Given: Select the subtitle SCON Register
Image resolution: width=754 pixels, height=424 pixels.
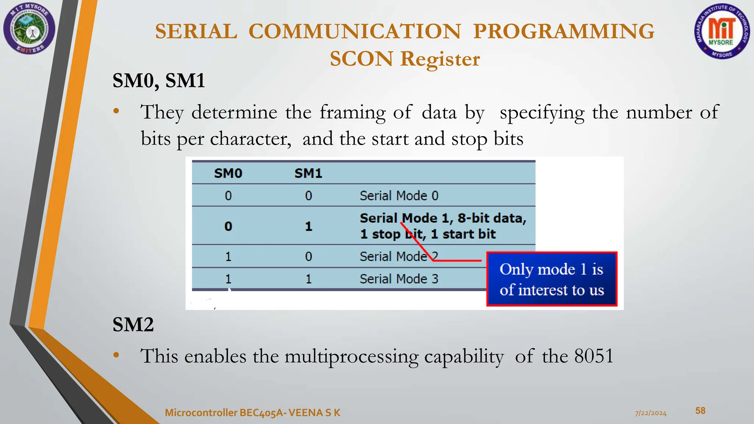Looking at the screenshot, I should click(x=405, y=59).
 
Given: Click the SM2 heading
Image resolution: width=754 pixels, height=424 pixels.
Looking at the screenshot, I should click(x=133, y=325).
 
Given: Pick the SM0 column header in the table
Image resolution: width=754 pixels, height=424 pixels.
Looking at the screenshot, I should click(x=228, y=173).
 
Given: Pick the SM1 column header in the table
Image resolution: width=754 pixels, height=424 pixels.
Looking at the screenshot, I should click(x=308, y=173).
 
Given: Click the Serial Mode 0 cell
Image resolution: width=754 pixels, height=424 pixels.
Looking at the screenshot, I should click(x=399, y=195).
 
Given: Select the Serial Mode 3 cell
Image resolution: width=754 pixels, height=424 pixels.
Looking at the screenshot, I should click(x=399, y=279).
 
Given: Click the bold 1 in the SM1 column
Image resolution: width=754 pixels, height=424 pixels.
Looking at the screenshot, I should click(x=309, y=226).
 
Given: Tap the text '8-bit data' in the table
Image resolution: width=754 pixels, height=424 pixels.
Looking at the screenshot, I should click(x=491, y=218).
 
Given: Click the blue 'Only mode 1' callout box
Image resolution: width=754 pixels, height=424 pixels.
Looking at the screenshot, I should click(x=552, y=279).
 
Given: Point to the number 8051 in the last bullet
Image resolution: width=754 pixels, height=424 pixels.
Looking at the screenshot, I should click(x=594, y=356).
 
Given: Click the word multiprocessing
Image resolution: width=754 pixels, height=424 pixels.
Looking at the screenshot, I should click(x=351, y=357).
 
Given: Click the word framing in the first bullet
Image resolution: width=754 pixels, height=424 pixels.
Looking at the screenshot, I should click(x=352, y=112).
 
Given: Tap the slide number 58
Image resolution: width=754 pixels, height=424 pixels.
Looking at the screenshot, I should click(x=700, y=411).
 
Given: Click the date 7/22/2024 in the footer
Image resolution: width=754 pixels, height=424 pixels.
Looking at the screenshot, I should click(x=651, y=413).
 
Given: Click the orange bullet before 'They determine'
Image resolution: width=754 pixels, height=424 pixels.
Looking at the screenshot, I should click(x=116, y=111).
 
